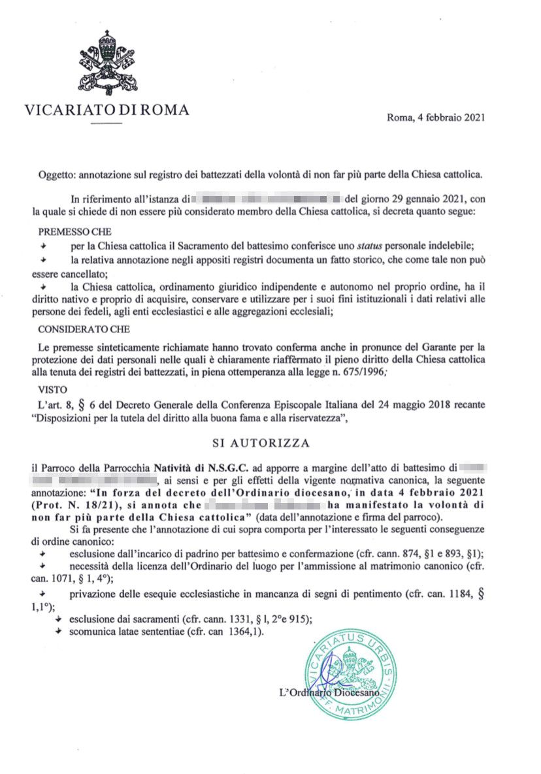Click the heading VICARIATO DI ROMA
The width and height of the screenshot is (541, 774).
click(107, 110)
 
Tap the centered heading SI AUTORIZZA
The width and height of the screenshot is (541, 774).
click(261, 443)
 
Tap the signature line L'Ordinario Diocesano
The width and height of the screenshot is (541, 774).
click(329, 692)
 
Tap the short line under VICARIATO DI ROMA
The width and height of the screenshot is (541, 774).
click(107, 123)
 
